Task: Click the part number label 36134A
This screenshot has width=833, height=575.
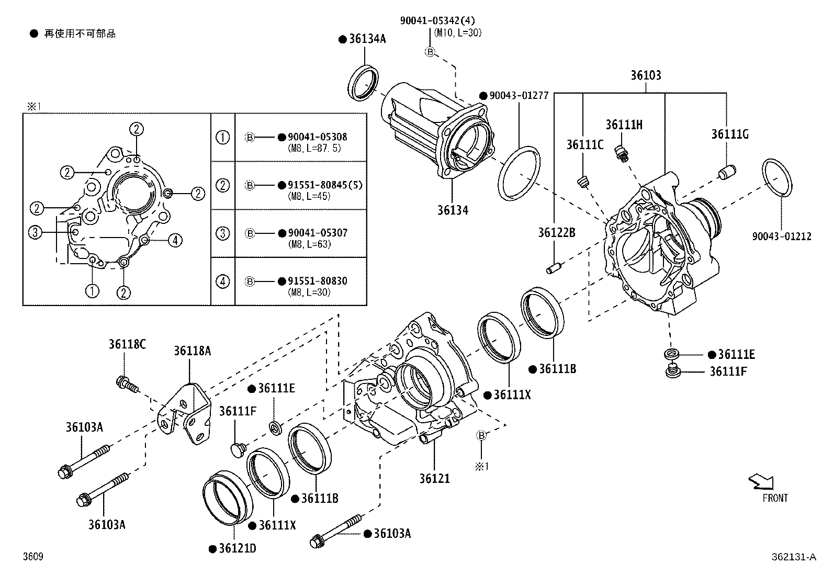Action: pyautogui.click(x=367, y=39)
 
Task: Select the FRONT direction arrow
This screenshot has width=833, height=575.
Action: pyautogui.click(x=762, y=481)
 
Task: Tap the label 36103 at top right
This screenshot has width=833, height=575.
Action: pyautogui.click(x=645, y=75)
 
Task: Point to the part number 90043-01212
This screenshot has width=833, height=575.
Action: pyautogui.click(x=782, y=236)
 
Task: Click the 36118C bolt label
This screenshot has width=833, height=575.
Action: pyautogui.click(x=127, y=344)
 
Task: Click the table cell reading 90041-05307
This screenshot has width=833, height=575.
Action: pyautogui.click(x=318, y=233)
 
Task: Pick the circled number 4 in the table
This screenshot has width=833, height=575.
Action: pyautogui.click(x=223, y=281)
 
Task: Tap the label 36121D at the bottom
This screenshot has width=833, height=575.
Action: pyautogui.click(x=237, y=548)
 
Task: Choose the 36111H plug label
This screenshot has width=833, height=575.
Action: pyautogui.click(x=624, y=125)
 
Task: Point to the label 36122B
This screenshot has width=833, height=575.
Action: pyautogui.click(x=557, y=232)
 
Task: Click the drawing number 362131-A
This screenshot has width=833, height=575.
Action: pyautogui.click(x=793, y=557)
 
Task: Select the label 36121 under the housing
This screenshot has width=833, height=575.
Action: pyautogui.click(x=434, y=478)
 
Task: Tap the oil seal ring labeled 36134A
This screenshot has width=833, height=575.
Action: pyautogui.click(x=363, y=82)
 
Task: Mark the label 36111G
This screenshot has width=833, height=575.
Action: pyautogui.click(x=729, y=134)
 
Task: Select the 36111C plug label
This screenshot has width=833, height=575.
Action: pyautogui.click(x=584, y=144)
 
